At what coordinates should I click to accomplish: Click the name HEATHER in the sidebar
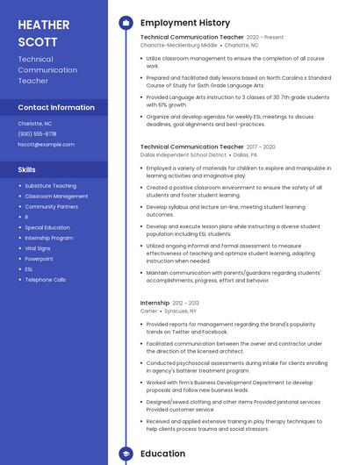(43, 24)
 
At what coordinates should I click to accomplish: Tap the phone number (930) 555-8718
(37, 133)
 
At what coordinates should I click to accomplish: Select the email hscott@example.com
(46, 144)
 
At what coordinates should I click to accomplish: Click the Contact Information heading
(56, 108)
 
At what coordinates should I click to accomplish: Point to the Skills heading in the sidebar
(27, 169)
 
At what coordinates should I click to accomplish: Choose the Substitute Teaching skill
(50, 186)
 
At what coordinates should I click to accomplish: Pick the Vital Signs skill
(39, 248)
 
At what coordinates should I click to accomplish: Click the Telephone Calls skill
(45, 280)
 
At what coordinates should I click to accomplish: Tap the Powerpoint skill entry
(39, 259)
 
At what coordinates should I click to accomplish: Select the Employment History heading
(185, 23)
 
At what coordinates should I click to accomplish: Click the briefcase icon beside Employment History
(126, 23)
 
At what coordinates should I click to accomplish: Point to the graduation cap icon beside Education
(126, 454)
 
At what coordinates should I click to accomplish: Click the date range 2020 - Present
(265, 38)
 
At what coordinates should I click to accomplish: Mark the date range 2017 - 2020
(261, 147)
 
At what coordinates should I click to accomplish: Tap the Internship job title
(155, 303)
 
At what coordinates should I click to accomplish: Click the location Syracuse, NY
(181, 311)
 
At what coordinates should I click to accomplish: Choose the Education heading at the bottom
(162, 454)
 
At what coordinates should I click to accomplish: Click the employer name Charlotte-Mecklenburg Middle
(178, 45)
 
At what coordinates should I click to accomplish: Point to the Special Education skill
(47, 227)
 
